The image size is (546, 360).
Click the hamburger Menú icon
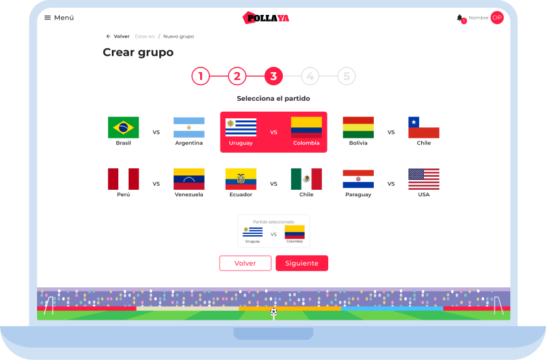(47, 18)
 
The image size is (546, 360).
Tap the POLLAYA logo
(266, 18)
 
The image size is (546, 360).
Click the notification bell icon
(460, 18)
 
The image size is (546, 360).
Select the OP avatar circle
(497, 18)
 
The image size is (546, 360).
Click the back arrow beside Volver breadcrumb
(109, 36)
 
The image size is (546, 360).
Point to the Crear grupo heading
(138, 52)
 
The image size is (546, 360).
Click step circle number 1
(201, 76)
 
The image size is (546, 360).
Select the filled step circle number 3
(274, 76)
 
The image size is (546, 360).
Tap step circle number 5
(346, 76)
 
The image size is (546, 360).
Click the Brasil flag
(123, 127)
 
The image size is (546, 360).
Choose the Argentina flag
(188, 127)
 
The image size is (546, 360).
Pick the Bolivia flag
(358, 127)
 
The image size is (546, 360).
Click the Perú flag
(123, 179)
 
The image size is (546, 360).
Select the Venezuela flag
(188, 179)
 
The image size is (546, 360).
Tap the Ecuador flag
(240, 179)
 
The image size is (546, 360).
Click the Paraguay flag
(358, 179)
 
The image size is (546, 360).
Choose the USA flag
(424, 179)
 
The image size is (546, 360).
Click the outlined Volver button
(245, 263)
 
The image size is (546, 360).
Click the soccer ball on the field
(274, 312)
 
